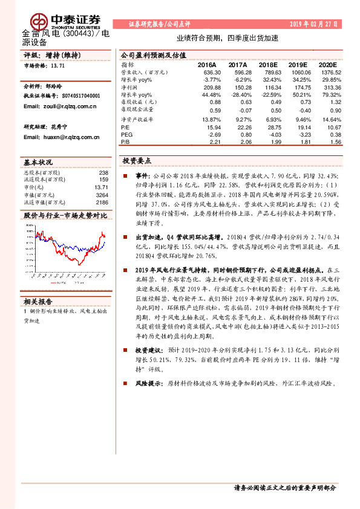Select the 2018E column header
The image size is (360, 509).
[266, 64]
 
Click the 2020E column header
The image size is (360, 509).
[327, 64]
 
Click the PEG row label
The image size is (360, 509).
[126, 135]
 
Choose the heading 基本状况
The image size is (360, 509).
[38, 163]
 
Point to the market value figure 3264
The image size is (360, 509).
[101, 195]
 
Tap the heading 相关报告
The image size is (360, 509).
[38, 300]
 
